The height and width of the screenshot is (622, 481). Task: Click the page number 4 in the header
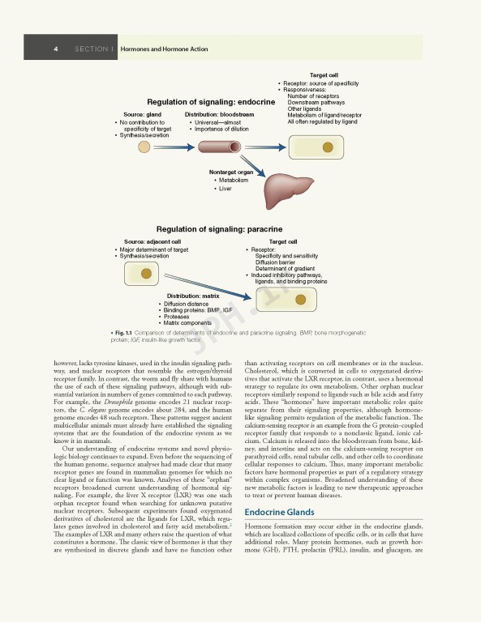click(x=55, y=49)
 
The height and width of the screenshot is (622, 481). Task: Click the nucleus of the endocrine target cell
click(x=329, y=147)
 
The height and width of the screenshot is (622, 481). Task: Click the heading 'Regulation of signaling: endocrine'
click(x=210, y=102)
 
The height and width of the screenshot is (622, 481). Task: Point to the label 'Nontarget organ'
click(x=231, y=172)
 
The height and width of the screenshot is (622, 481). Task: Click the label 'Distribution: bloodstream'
click(x=219, y=115)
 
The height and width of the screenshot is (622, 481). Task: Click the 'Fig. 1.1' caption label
click(x=120, y=333)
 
